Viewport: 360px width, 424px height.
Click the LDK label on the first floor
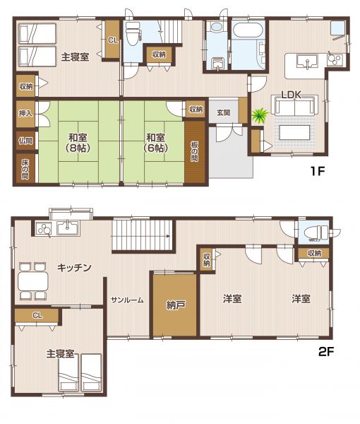[291, 95]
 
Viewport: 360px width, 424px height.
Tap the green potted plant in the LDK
[260, 115]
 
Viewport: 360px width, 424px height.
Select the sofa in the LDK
[295, 105]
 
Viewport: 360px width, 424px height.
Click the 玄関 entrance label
[224, 112]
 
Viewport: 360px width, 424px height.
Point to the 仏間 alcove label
[25, 141]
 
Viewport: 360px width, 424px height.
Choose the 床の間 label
[25, 169]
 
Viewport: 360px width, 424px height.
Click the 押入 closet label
[25, 113]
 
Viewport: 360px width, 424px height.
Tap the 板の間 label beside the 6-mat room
[194, 151]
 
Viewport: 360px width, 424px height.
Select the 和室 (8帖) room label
[78, 143]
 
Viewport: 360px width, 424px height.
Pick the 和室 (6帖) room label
[155, 143]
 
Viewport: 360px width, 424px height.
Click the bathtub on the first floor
[248, 30]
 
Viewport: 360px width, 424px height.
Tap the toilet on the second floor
[316, 232]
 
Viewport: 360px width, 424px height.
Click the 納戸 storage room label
[175, 305]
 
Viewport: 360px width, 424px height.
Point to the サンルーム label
[127, 300]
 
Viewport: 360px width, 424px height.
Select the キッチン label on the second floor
[75, 268]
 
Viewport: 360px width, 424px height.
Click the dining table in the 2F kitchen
[33, 281]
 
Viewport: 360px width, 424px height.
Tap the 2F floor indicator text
[326, 351]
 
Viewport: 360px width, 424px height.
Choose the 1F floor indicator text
[317, 171]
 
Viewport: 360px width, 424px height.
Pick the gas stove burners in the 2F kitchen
[44, 228]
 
